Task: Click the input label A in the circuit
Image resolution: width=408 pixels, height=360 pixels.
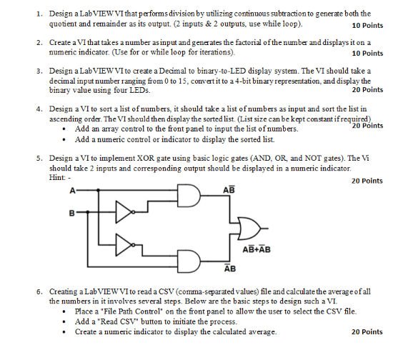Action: click(x=71, y=191)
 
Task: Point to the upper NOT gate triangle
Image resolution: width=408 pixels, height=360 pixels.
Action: click(x=122, y=212)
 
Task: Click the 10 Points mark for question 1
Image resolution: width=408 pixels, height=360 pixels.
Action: click(x=367, y=25)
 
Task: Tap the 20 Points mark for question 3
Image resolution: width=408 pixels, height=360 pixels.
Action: click(x=367, y=90)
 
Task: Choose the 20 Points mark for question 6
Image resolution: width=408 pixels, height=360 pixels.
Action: click(x=367, y=332)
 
